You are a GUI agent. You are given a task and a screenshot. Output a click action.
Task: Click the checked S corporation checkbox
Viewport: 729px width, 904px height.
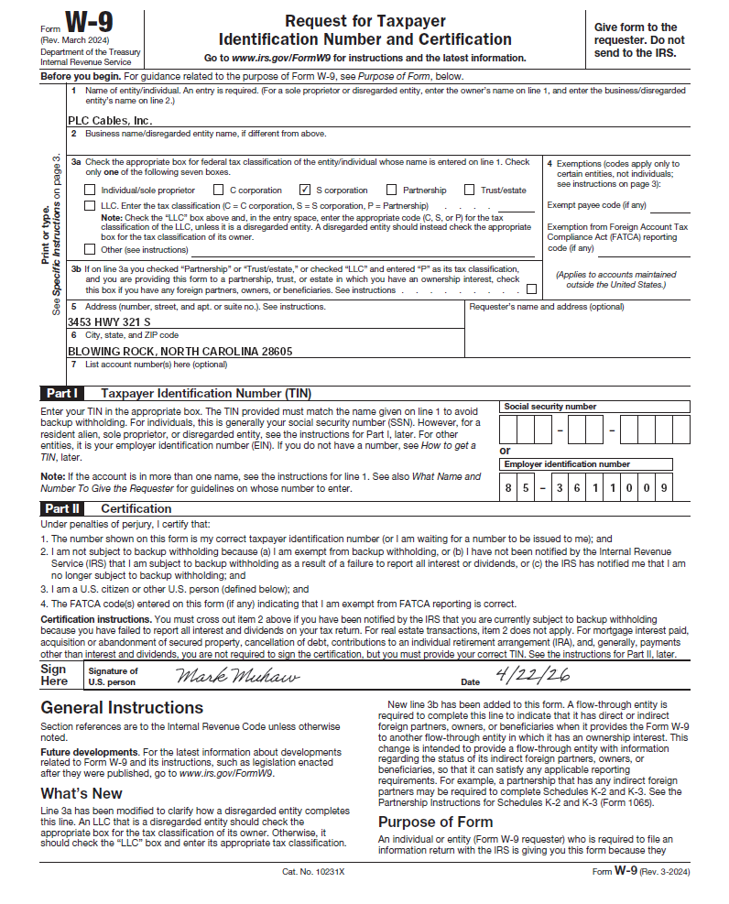pos(305,191)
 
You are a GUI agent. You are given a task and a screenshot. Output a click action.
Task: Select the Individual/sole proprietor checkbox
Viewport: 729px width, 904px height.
pos(90,191)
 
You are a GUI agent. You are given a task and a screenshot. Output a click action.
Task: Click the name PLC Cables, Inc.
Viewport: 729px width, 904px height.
pos(110,120)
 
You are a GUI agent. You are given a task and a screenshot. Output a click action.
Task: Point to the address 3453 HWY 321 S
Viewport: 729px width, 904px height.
pos(109,322)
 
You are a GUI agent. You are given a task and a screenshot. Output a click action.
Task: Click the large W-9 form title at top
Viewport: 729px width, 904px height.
pos(89,23)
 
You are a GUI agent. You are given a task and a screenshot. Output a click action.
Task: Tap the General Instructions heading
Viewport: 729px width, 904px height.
pos(122,708)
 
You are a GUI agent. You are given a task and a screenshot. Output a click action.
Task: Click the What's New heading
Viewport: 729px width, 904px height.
pos(82,793)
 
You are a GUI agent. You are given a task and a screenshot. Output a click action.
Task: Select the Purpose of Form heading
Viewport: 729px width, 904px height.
pos(435,822)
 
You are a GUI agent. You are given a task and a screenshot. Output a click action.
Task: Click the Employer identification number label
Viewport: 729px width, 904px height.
pos(567,464)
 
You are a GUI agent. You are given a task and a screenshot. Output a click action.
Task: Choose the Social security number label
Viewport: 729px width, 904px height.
pos(550,407)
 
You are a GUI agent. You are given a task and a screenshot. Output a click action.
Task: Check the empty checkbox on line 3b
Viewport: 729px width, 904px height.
pos(532,289)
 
